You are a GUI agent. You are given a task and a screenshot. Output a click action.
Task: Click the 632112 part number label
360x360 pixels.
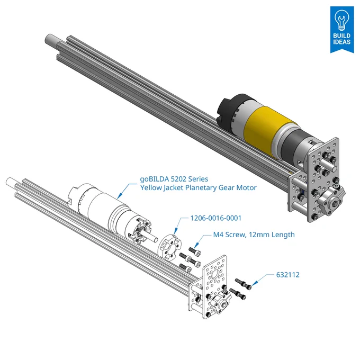287,275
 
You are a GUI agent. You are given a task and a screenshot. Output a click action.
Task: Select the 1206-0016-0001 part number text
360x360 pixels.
216,218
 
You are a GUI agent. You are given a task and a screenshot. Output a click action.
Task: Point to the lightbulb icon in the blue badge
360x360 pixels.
341,20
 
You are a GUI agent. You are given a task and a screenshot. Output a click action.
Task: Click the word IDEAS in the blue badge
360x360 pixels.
342,42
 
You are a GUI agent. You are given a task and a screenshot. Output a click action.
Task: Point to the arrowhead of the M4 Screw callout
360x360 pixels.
195,247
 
